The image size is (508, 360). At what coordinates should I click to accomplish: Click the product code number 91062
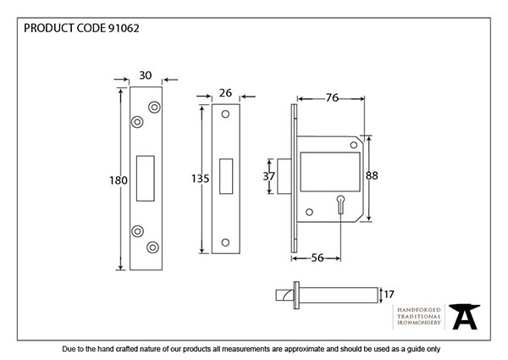point(124,27)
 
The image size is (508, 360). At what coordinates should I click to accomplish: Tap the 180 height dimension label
point(119,180)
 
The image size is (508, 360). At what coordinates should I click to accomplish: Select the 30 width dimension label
point(144,75)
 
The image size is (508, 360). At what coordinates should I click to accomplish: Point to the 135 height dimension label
point(188,179)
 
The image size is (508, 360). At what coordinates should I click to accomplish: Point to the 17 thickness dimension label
point(390,294)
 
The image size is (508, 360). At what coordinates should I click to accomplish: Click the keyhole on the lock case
point(339,203)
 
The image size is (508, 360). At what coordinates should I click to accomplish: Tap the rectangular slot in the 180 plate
point(146,177)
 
